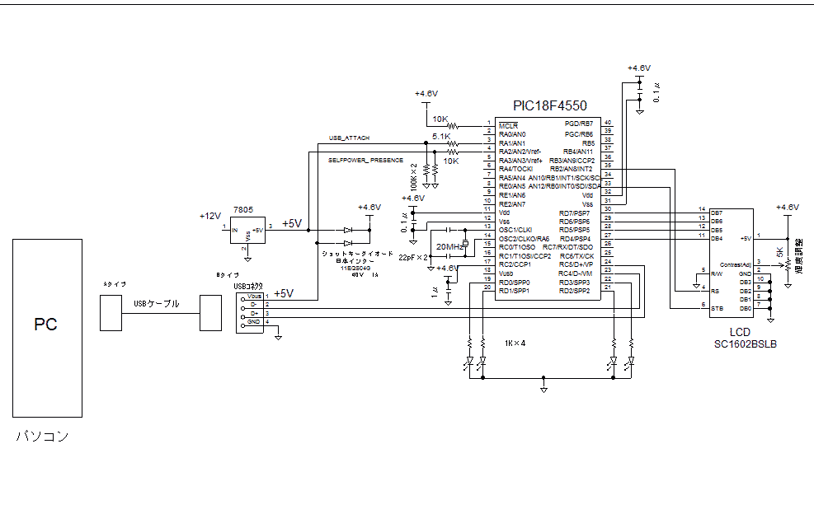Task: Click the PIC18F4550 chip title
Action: [549, 105]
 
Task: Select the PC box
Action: [47, 327]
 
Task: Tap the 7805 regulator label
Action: [242, 211]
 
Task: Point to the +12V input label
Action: [210, 216]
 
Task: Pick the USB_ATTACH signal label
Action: [350, 138]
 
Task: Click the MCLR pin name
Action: [508, 124]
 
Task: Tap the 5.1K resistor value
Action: [440, 137]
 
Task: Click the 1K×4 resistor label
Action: [515, 343]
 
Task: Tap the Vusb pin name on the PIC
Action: [507, 273]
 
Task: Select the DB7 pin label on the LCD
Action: [716, 213]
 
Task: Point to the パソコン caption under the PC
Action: [43, 437]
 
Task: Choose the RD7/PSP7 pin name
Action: [574, 213]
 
